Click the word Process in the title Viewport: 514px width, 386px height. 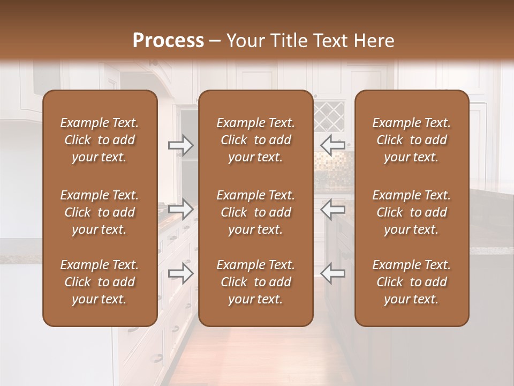click(x=168, y=40)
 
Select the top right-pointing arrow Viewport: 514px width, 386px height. click(x=181, y=145)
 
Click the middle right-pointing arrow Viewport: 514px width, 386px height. click(x=181, y=209)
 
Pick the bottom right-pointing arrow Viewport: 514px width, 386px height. click(x=181, y=273)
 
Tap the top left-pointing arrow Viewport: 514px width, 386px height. click(x=333, y=145)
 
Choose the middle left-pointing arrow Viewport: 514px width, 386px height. click(x=333, y=209)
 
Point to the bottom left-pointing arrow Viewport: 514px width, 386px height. click(x=333, y=273)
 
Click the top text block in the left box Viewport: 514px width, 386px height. click(x=100, y=140)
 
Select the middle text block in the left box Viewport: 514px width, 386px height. click(x=100, y=212)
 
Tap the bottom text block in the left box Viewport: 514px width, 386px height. click(x=100, y=282)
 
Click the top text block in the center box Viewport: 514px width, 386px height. click(x=256, y=140)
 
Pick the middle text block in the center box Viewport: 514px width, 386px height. click(x=256, y=212)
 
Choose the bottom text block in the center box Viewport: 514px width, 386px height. click(x=256, y=282)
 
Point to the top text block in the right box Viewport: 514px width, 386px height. click(x=412, y=140)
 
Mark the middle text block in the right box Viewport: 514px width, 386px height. click(x=412, y=212)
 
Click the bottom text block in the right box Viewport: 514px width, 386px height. click(x=412, y=282)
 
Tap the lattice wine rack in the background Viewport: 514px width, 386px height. click(x=328, y=116)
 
